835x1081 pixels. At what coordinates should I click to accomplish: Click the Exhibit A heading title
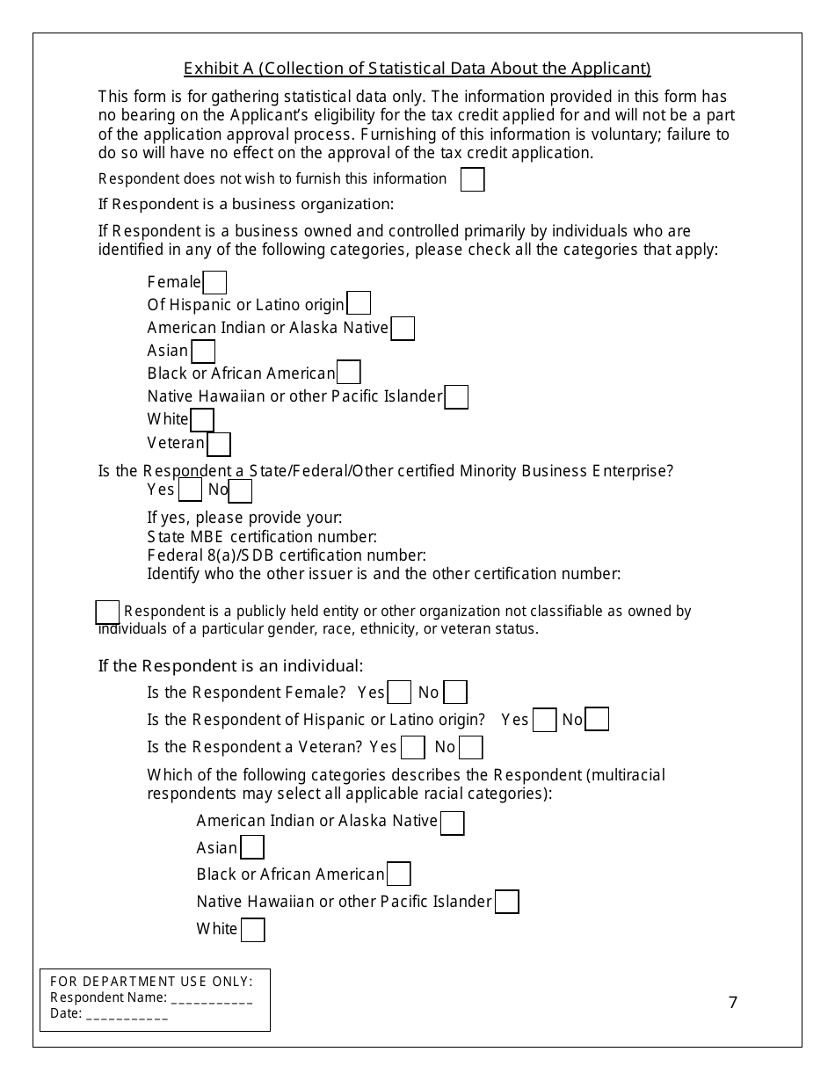(x=417, y=69)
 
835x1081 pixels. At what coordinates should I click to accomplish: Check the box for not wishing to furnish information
(x=472, y=179)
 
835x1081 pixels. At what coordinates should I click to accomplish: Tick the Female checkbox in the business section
(x=214, y=282)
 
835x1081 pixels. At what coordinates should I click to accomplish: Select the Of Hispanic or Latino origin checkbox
(x=359, y=304)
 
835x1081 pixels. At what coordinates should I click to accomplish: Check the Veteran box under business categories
(x=219, y=444)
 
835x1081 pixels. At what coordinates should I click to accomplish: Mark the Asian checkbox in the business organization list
(x=203, y=351)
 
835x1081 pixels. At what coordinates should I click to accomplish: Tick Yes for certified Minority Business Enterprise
(x=190, y=490)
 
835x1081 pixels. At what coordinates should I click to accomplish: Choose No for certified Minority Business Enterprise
(x=240, y=490)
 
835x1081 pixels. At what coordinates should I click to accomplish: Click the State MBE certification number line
(x=262, y=536)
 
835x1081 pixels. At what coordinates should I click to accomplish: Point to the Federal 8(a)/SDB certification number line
(x=287, y=555)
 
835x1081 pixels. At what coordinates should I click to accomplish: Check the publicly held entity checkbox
(x=107, y=612)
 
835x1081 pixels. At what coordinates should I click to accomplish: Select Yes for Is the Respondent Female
(x=399, y=693)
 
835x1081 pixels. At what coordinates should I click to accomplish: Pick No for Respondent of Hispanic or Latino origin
(x=597, y=720)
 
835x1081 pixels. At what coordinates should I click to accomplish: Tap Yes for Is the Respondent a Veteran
(x=412, y=748)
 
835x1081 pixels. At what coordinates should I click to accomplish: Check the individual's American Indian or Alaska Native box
(x=452, y=823)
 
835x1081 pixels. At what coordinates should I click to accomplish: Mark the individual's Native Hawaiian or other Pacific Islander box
(x=506, y=903)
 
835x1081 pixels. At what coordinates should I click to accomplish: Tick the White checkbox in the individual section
(x=252, y=930)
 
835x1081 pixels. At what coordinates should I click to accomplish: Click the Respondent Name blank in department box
(x=212, y=998)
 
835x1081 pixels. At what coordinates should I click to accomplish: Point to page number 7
(x=733, y=1003)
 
